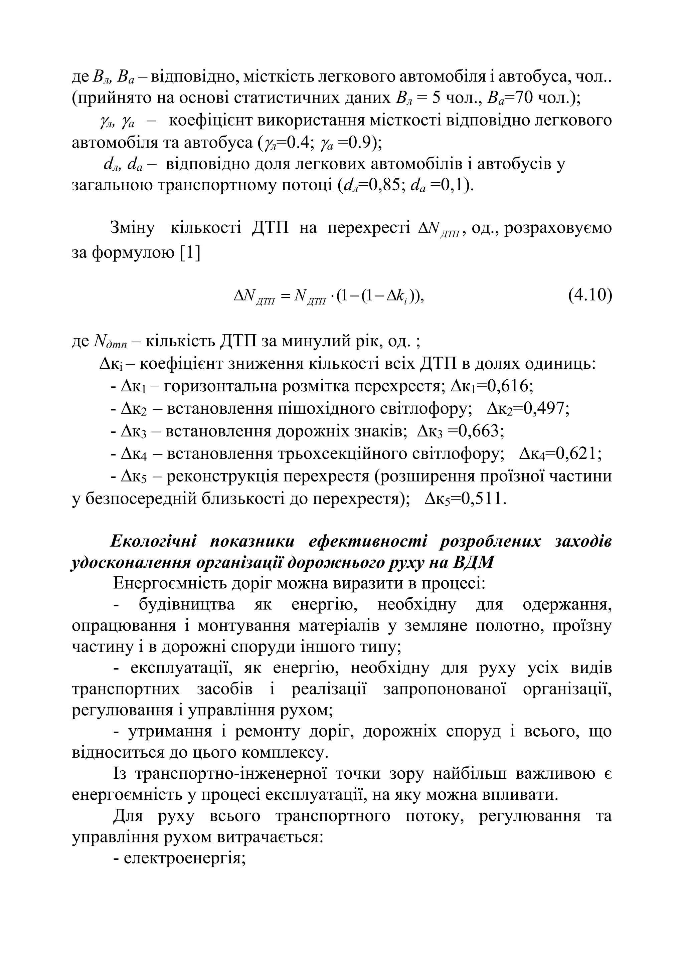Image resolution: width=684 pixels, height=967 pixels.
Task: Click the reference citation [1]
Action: [190, 253]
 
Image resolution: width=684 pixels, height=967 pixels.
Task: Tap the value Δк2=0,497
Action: [528, 408]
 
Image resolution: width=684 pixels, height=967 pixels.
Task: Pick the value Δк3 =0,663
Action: [461, 431]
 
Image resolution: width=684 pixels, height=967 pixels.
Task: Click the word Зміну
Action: [132, 228]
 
